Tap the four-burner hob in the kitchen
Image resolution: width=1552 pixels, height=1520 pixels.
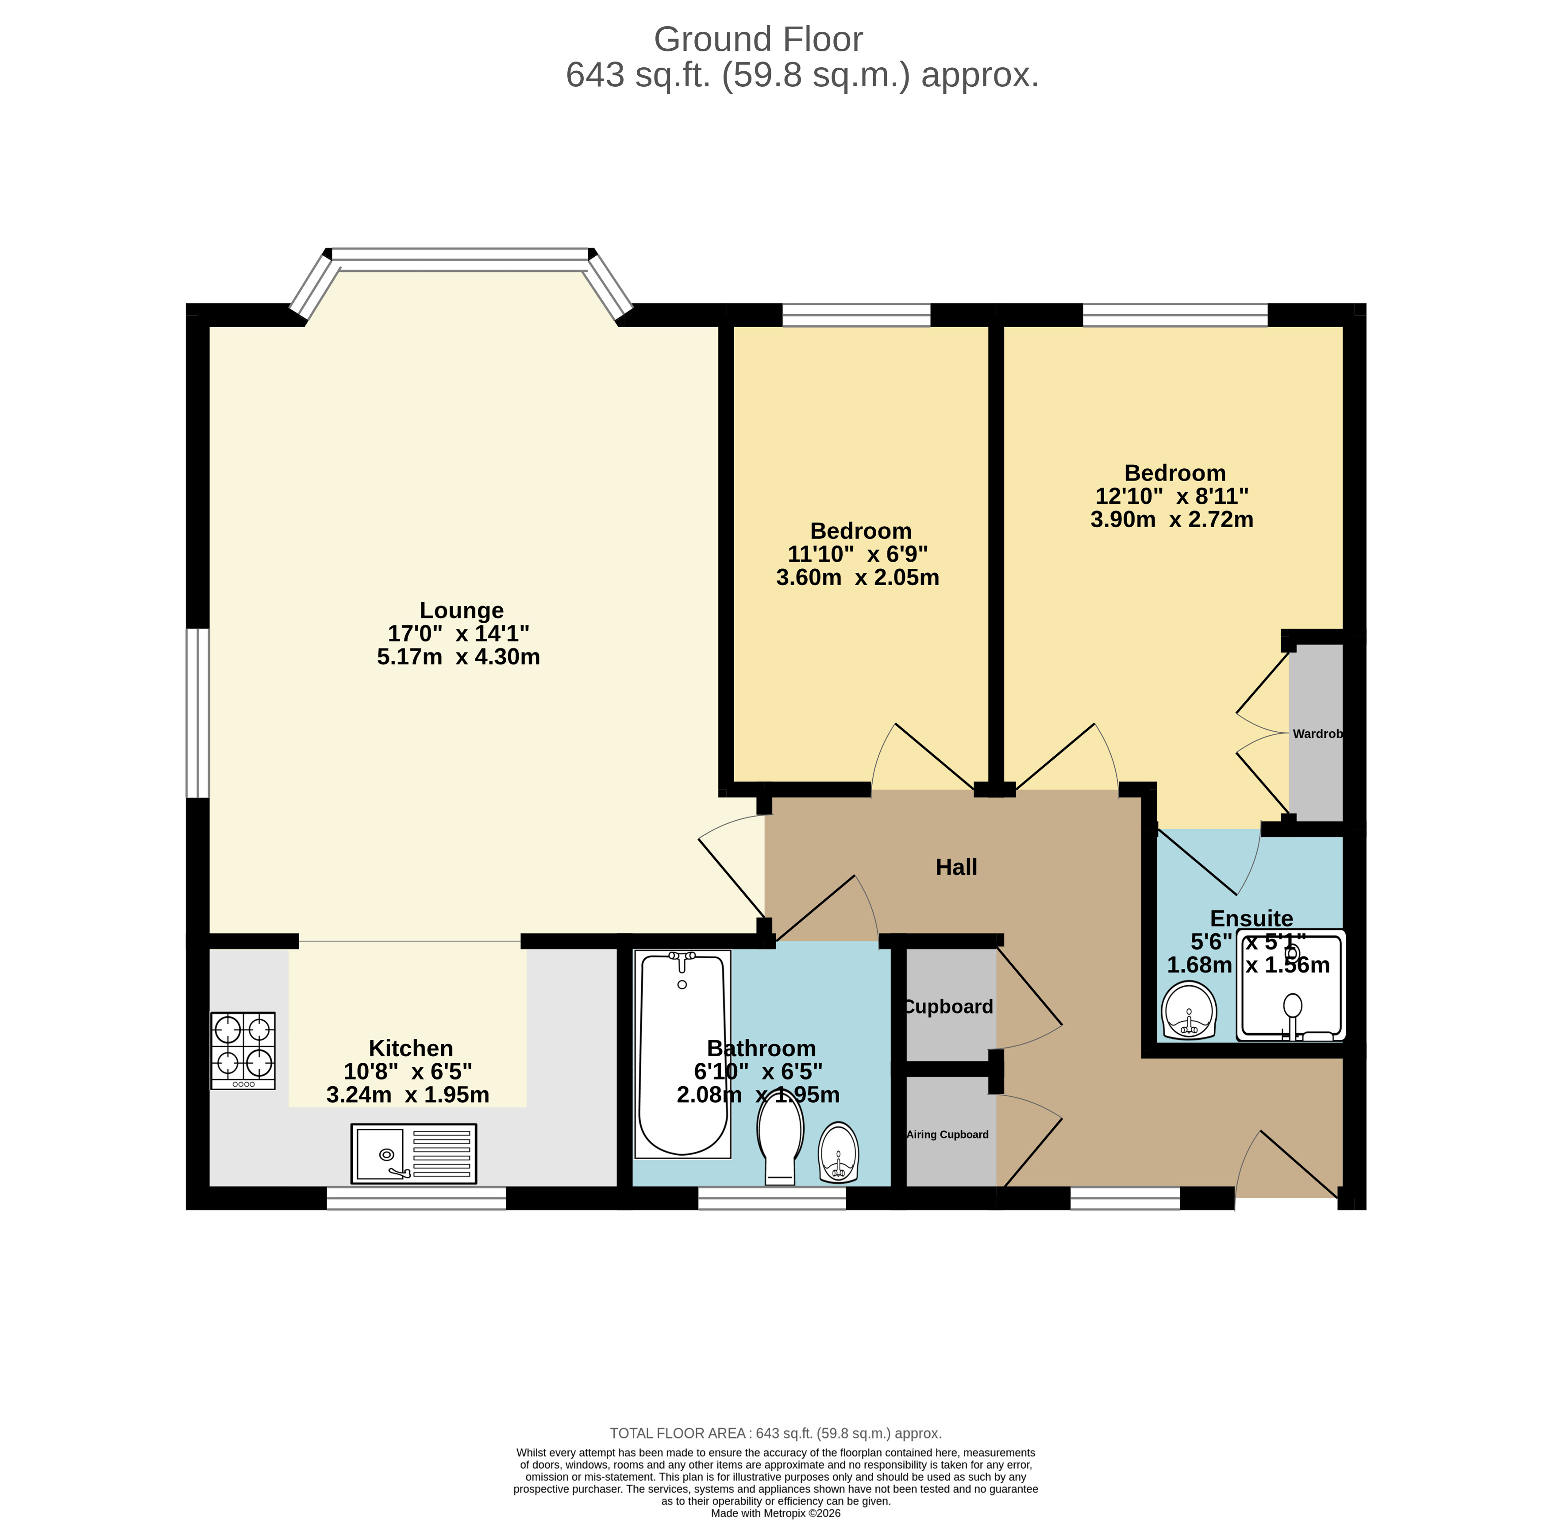[x=243, y=1051]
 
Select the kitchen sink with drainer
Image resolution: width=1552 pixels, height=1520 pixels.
[x=413, y=1154]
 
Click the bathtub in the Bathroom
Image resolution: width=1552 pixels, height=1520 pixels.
[x=682, y=1054]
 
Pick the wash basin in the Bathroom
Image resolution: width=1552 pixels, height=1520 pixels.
[x=838, y=1152]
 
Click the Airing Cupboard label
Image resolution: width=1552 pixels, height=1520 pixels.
[x=947, y=1134]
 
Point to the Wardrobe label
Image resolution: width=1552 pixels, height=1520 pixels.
[x=1317, y=733]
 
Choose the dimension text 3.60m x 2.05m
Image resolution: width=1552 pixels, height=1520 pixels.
[x=858, y=577]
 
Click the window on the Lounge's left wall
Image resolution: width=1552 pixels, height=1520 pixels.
[x=197, y=713]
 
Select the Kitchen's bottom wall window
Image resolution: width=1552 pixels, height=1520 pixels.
[x=416, y=1197]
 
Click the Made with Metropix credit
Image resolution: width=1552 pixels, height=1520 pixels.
[x=775, y=1513]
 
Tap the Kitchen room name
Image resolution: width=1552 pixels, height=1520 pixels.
[x=410, y=1048]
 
